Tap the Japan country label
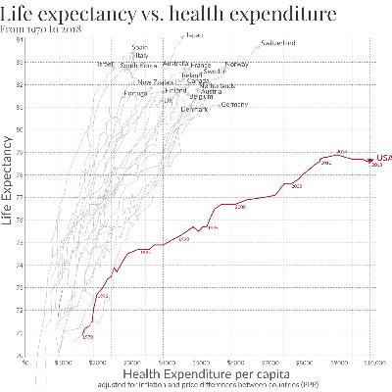click(x=194, y=36)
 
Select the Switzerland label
click(x=278, y=43)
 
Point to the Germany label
click(x=235, y=104)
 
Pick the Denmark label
click(x=194, y=110)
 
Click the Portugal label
click(x=134, y=93)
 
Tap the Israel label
click(x=107, y=64)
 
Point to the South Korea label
click(x=138, y=66)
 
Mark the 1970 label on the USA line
click(x=88, y=337)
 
